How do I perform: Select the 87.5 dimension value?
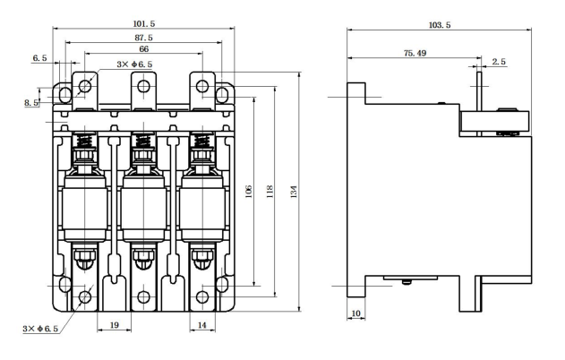click(x=144, y=37)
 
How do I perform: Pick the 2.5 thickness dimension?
click(x=500, y=61)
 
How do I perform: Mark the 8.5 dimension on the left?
click(x=31, y=104)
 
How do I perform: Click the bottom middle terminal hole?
click(x=144, y=297)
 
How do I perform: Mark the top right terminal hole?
click(x=203, y=87)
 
